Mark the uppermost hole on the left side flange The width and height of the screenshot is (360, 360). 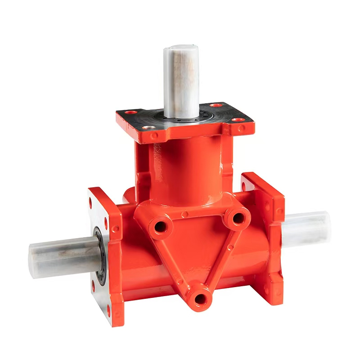(90, 202)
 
